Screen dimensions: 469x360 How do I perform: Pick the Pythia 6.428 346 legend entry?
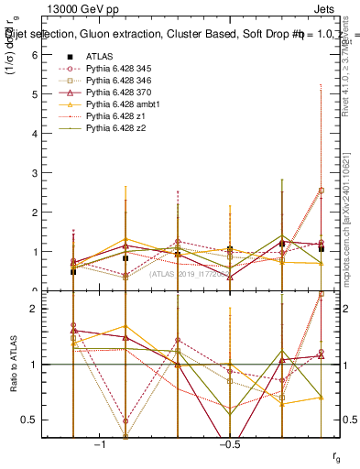point(122,81)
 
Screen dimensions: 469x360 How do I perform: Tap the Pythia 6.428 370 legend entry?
point(122,93)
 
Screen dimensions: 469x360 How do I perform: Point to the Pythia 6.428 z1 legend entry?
point(119,117)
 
